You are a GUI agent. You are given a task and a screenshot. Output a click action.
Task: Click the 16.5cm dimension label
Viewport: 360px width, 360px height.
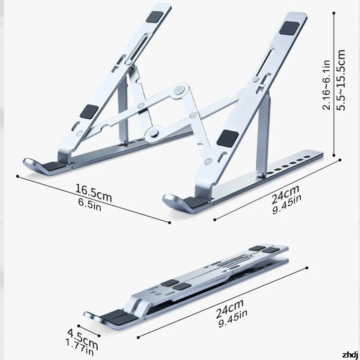tap(94, 192)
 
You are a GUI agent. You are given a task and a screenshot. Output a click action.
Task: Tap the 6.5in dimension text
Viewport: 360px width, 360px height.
tap(89, 204)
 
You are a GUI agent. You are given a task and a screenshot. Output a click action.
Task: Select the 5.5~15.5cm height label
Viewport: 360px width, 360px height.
tap(341, 80)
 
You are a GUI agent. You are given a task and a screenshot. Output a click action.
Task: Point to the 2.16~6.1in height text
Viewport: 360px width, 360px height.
tap(326, 85)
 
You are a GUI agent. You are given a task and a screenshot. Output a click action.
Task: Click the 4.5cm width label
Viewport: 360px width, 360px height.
tap(83, 339)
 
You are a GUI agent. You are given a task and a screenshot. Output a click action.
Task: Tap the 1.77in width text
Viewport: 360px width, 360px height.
tap(80, 348)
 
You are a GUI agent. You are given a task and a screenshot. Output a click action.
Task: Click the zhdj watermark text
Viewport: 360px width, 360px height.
tap(350, 355)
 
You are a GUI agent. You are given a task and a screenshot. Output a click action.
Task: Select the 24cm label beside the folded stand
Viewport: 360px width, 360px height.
tap(230, 309)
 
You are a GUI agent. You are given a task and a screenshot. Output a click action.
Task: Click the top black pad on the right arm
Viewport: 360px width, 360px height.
tap(289, 28)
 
